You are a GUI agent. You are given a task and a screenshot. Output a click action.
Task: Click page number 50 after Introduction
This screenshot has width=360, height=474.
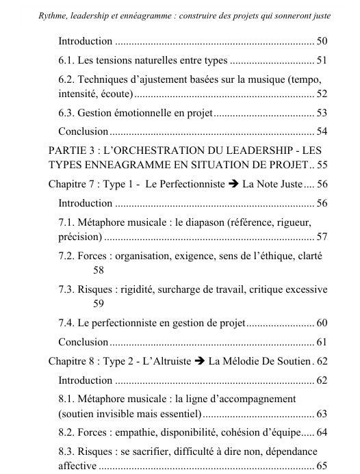click(x=322, y=42)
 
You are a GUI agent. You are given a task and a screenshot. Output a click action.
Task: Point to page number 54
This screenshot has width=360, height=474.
click(x=322, y=130)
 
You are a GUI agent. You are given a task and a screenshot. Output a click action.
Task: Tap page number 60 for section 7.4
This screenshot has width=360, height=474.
click(x=322, y=322)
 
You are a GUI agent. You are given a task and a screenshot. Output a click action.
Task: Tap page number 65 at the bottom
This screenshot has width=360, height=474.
click(x=322, y=466)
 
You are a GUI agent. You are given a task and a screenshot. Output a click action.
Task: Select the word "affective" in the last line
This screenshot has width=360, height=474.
click(x=77, y=466)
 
